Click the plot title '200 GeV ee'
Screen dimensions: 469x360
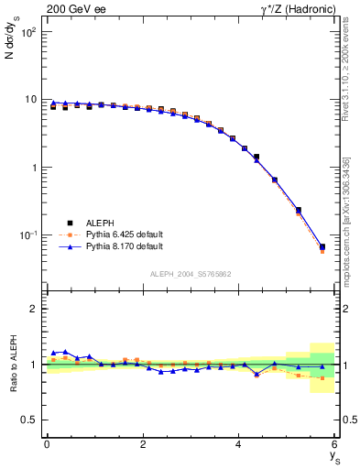click(x=74, y=8)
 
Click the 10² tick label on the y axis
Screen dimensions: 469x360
click(x=28, y=31)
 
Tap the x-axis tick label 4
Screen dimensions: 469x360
click(x=239, y=445)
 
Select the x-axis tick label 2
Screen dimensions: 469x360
click(x=143, y=445)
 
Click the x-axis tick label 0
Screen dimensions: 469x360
click(x=47, y=445)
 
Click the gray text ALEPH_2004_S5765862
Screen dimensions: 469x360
click(x=190, y=274)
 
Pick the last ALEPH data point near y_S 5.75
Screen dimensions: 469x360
click(x=322, y=246)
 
